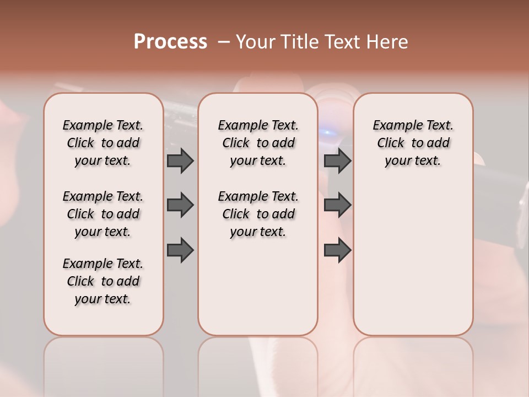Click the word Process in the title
coord(170,42)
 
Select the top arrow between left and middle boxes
coord(180,160)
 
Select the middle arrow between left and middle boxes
coord(180,205)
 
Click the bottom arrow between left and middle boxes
coord(180,250)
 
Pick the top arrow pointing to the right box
coord(337,160)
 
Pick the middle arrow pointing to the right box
coord(337,205)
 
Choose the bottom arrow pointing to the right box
coord(337,250)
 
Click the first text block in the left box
coord(103,143)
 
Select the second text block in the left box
coord(103,214)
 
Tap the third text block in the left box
coord(103,281)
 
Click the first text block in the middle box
coord(258,143)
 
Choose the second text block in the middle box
coord(258,214)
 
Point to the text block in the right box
coord(413,143)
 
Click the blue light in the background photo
coord(328,132)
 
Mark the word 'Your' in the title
coord(256,42)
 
